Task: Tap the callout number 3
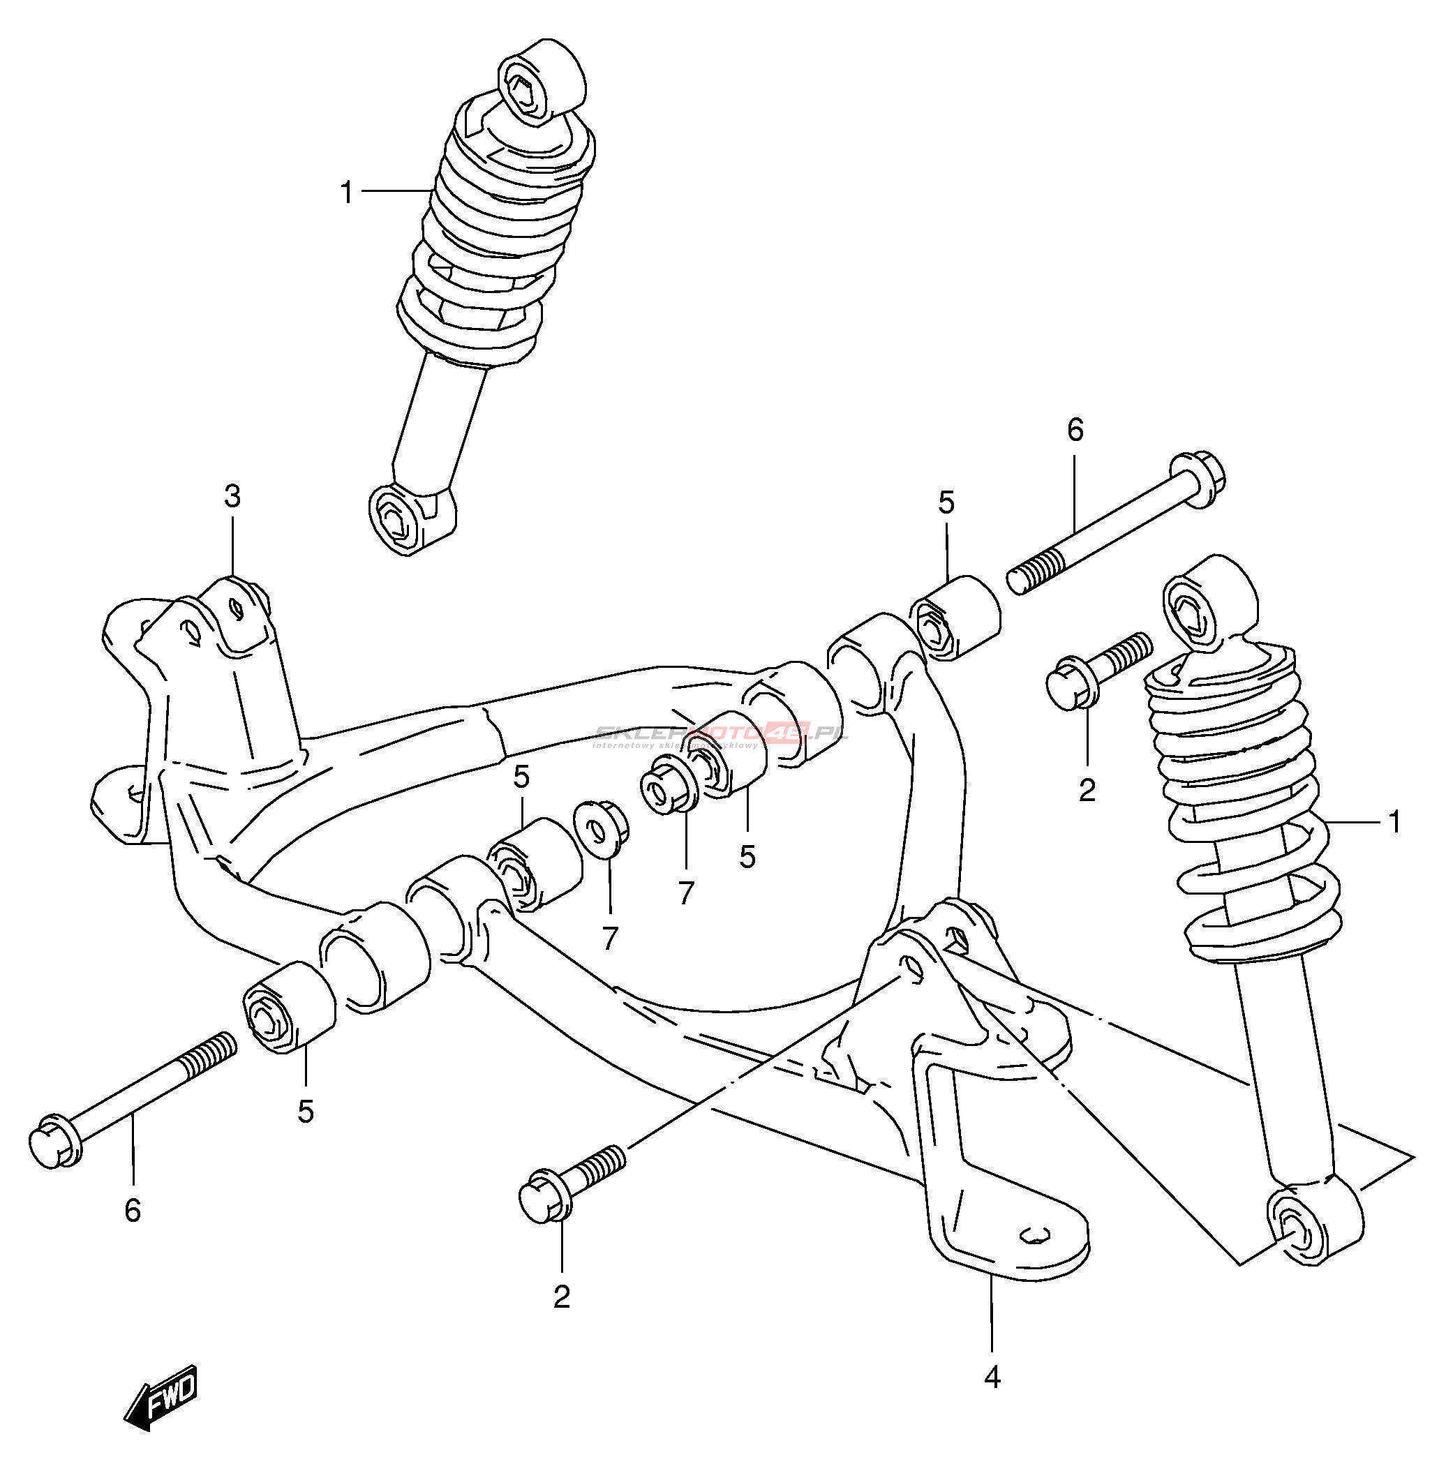click(x=232, y=497)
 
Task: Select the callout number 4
click(x=992, y=1376)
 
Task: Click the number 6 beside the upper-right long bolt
click(x=1075, y=431)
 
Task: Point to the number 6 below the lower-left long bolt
click(x=133, y=1211)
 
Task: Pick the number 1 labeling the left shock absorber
click(x=347, y=193)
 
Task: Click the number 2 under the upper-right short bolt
click(x=1087, y=791)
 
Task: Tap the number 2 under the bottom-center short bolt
click(x=561, y=1297)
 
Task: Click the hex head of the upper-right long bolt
click(x=1198, y=479)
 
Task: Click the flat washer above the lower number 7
click(x=600, y=828)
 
